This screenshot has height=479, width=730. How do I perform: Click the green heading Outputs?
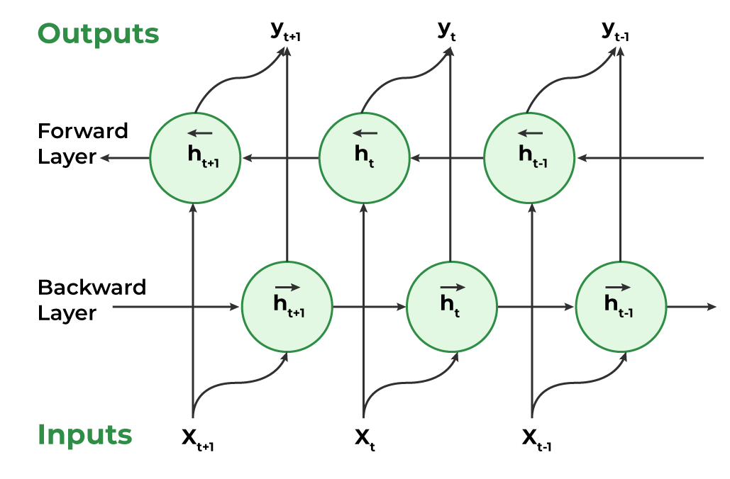98,33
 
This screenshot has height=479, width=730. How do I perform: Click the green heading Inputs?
84,434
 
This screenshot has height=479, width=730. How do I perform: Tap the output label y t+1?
286,33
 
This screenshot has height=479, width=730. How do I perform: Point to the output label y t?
447,31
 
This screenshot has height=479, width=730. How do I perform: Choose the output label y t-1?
615,31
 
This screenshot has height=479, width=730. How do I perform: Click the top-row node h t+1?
194,157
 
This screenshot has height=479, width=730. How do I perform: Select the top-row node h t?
364,157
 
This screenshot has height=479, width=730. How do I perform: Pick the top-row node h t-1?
529,157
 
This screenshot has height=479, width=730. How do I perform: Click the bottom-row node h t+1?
287,307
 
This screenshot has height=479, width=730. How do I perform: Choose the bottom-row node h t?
451,307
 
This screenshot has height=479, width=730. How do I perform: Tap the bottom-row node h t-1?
621,307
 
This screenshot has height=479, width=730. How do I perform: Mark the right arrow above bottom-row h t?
453,287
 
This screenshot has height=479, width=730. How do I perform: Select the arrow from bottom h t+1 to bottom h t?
369,307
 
